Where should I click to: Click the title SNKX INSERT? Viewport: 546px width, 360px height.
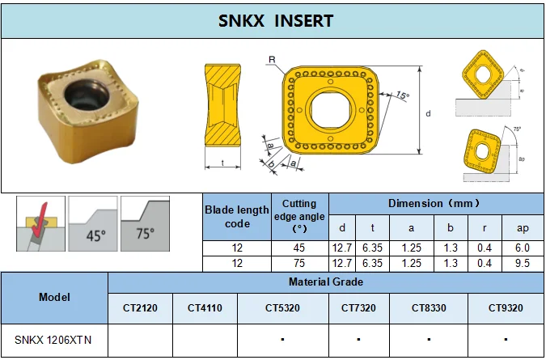click(x=275, y=21)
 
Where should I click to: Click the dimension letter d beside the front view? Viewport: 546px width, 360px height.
click(x=428, y=113)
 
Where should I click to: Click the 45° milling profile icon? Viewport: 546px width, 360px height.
click(x=92, y=223)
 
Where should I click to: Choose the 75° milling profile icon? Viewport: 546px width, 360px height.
click(x=144, y=223)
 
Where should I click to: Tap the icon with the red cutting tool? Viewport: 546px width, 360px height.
click(x=40, y=223)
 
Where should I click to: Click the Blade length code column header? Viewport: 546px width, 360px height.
click(x=236, y=216)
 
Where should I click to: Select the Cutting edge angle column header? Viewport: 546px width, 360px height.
click(x=298, y=216)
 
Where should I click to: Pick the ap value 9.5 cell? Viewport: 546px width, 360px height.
click(x=523, y=264)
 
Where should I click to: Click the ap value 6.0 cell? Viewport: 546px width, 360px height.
click(x=523, y=248)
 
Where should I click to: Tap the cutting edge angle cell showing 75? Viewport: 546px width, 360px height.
click(x=298, y=264)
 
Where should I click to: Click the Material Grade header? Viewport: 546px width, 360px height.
click(x=326, y=282)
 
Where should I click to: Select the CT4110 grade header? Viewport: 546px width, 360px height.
click(x=205, y=308)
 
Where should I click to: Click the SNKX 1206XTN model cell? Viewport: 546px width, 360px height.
click(x=53, y=341)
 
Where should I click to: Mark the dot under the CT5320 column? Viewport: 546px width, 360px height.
click(x=281, y=341)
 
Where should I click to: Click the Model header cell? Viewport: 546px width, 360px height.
click(x=53, y=297)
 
